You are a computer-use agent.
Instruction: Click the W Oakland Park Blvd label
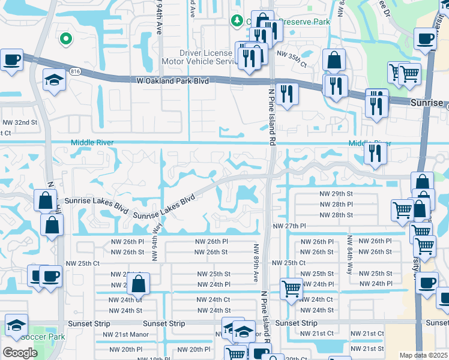172,80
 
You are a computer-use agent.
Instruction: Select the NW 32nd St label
20,122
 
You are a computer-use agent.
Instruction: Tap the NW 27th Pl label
290,226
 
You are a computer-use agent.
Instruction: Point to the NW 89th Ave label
256,262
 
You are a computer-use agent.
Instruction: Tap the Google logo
20,352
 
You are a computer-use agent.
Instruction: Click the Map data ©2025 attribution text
423,355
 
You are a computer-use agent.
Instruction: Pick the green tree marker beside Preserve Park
237,21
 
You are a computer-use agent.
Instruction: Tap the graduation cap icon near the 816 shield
54,80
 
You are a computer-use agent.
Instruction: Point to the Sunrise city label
426,103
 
